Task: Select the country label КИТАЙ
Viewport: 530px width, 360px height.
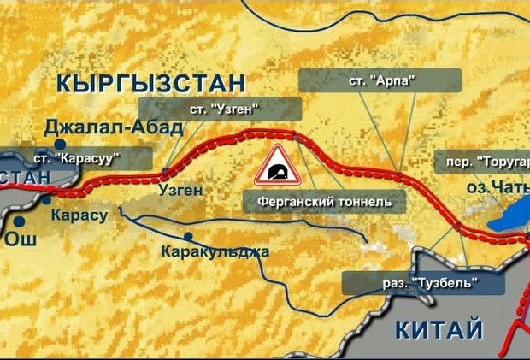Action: [439, 329]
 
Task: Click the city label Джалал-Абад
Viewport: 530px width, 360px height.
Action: [114, 127]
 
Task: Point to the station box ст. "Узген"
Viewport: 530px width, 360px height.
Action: [222, 109]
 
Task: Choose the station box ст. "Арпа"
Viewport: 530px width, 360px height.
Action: [380, 80]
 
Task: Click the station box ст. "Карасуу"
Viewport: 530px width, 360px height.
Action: [76, 158]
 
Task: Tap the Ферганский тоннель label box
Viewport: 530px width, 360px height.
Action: [318, 203]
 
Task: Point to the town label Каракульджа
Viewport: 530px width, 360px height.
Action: [215, 252]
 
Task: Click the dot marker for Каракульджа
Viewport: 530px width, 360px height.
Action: [187, 236]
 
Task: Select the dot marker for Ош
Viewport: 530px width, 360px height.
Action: [16, 221]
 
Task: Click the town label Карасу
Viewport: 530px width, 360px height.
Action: [79, 215]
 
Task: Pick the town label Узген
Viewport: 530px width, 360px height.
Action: [179, 190]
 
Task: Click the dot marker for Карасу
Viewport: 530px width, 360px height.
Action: [46, 200]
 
